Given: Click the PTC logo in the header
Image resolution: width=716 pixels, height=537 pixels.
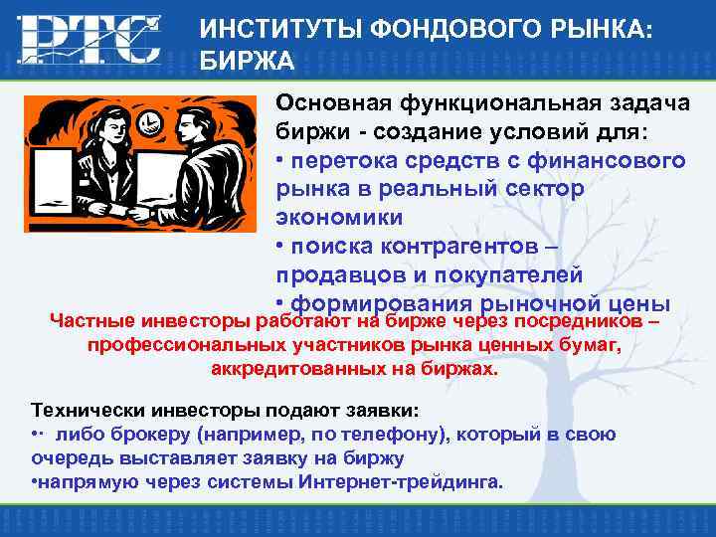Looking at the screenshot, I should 89,39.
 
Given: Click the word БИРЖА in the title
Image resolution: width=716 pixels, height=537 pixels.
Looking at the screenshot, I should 247,62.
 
